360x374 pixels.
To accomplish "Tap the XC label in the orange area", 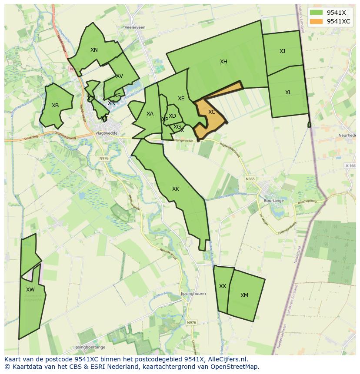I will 212,112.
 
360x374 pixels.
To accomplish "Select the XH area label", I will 223,62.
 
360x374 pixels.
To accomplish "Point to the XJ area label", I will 283,51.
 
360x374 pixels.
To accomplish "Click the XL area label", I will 288,93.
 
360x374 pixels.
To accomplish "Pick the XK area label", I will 176,189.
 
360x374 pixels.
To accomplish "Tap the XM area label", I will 244,295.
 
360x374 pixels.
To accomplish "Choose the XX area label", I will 223,286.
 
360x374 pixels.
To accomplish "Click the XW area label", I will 30,290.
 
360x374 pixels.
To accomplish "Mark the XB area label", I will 55,106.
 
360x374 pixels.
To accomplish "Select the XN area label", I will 94,50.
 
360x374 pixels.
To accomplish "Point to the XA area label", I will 150,114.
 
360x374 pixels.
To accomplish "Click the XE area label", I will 181,99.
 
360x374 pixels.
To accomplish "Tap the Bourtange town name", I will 273,201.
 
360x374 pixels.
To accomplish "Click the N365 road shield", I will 250,179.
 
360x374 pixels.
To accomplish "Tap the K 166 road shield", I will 350,165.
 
